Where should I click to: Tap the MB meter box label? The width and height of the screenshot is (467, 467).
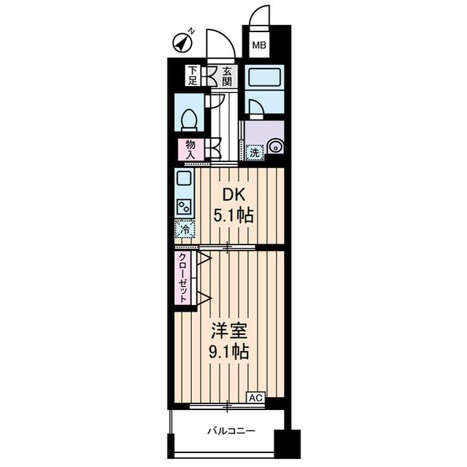259,47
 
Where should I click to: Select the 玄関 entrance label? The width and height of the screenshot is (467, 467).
228,76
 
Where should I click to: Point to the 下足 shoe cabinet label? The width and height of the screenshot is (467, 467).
193,76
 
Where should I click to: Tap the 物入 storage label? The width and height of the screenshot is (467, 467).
191,150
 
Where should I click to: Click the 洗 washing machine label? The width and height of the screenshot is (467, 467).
254,153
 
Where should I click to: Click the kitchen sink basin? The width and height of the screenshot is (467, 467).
183,177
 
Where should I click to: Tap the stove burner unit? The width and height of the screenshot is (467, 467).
183,207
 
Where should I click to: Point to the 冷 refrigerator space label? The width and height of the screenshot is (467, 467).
184,230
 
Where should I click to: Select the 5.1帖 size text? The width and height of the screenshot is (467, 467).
233,216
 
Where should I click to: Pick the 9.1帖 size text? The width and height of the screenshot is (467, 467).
228,352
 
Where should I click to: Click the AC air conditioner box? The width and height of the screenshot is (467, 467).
255,398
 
